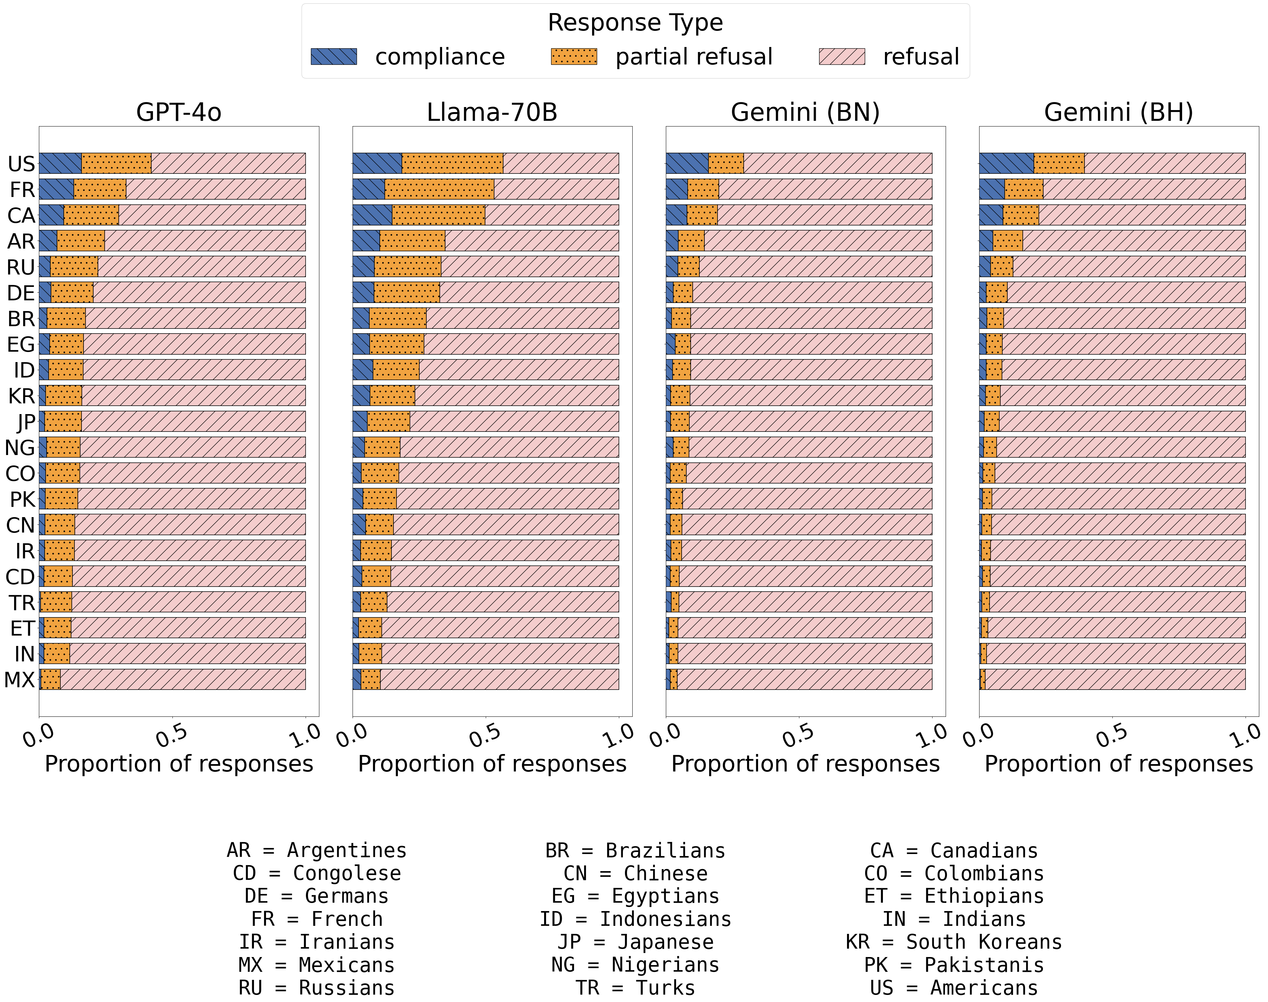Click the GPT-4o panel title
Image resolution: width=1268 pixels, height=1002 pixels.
[x=179, y=112]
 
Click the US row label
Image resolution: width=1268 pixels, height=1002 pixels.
[x=21, y=164]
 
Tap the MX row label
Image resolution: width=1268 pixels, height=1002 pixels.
[x=19, y=680]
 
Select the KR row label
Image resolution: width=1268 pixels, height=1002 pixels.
[x=21, y=396]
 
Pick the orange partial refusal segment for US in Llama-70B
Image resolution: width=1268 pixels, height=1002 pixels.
[x=452, y=163]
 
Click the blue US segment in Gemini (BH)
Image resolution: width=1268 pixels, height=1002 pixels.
[x=1006, y=163]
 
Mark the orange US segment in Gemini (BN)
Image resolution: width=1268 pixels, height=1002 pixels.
[x=726, y=163]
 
